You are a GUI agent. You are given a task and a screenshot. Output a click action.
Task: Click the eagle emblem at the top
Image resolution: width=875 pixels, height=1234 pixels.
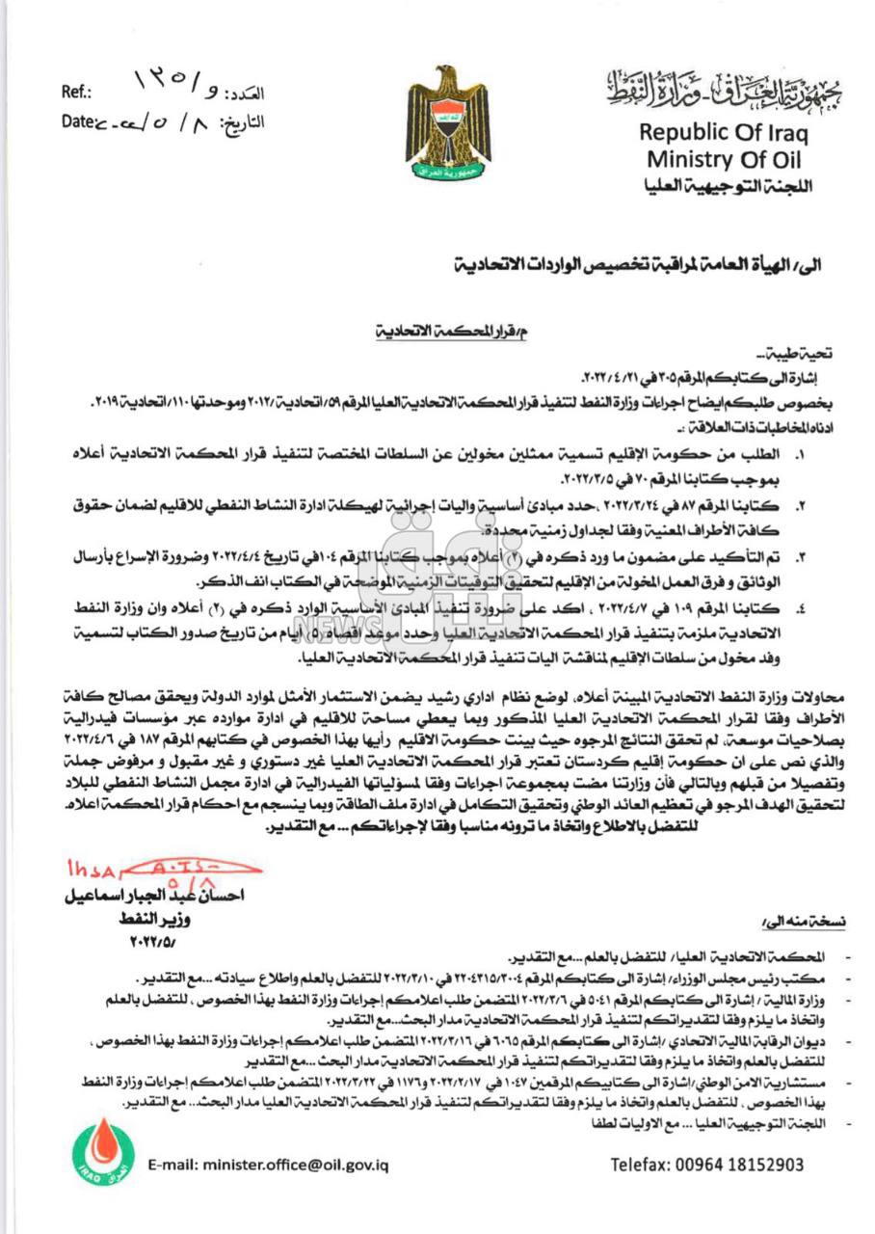pyautogui.click(x=447, y=124)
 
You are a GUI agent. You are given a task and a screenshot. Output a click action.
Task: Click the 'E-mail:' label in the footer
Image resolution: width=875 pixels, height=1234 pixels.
pyautogui.click(x=173, y=1165)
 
